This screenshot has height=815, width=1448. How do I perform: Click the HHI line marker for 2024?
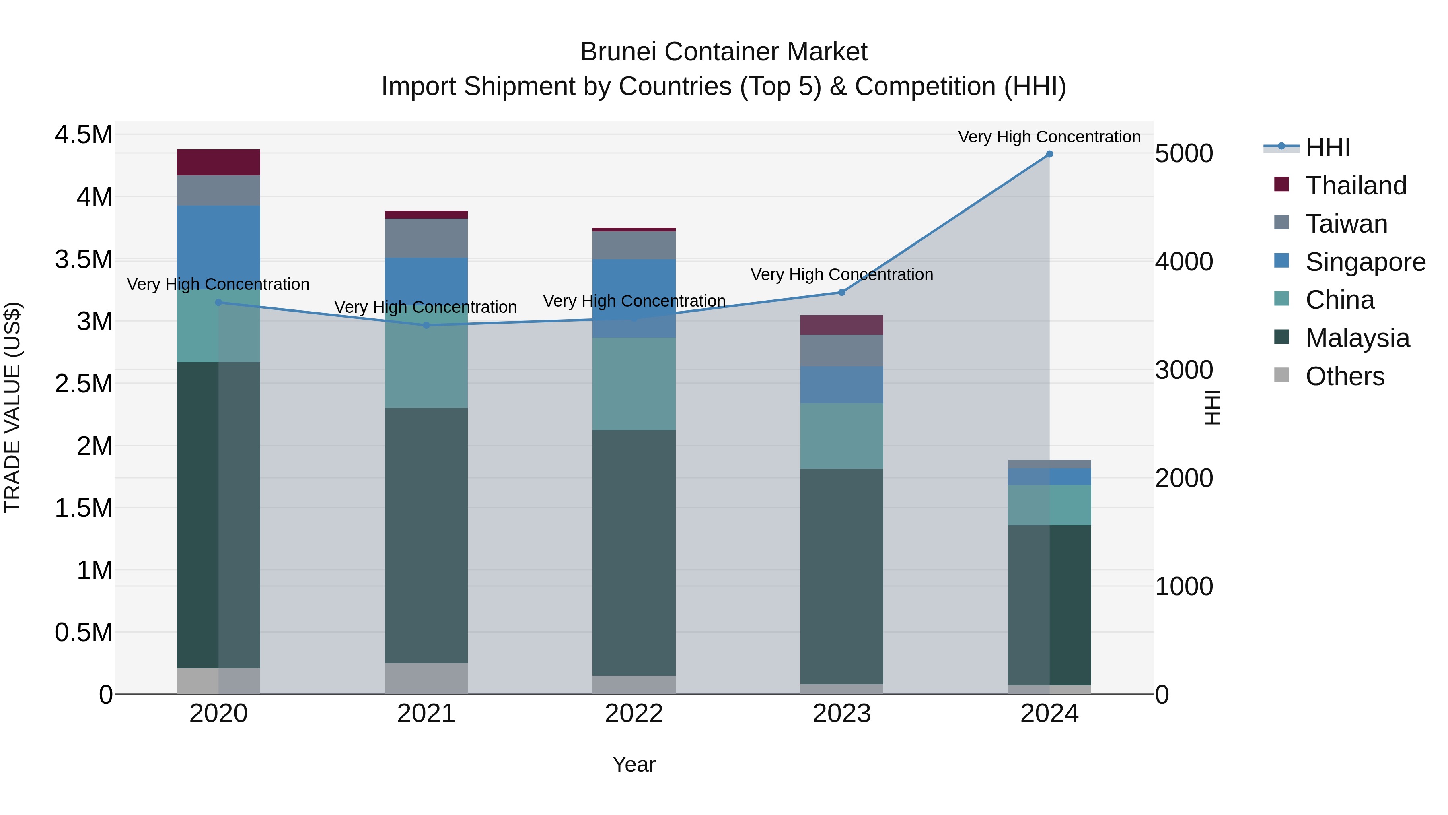(1049, 154)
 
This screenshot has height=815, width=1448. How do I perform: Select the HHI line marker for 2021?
(426, 325)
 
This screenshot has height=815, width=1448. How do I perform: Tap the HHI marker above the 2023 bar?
(841, 293)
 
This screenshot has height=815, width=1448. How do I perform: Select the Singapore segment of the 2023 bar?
(841, 385)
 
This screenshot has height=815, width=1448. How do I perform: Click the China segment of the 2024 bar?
(1049, 505)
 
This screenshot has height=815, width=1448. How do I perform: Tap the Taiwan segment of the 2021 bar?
(426, 238)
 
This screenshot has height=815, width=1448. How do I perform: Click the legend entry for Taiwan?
(1346, 224)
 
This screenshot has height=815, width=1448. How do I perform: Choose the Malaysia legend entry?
(1357, 338)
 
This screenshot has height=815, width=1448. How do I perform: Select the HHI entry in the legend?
(1327, 147)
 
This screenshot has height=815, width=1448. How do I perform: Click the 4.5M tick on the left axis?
(84, 135)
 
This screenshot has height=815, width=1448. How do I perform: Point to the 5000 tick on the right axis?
(1183, 154)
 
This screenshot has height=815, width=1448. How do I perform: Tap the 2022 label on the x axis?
(634, 714)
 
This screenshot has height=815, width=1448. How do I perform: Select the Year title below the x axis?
(633, 764)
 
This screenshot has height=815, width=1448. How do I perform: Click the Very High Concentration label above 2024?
(1049, 137)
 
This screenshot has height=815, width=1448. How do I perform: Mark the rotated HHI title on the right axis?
(1212, 407)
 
